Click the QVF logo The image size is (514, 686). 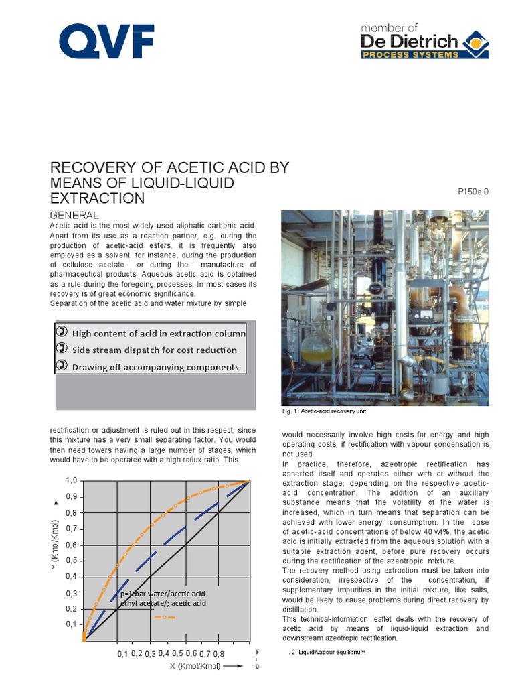[x=106, y=42]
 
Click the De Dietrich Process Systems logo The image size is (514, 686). [x=414, y=42]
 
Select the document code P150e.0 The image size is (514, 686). [x=473, y=192]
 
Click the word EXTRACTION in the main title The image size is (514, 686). [x=98, y=198]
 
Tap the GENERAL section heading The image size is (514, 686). [x=74, y=215]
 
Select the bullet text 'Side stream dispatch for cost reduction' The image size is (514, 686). [x=155, y=350]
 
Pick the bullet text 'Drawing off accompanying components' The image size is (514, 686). [x=155, y=367]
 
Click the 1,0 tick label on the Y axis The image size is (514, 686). [x=71, y=481]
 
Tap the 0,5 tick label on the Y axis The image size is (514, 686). [x=71, y=560]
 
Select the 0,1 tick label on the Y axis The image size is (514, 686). [x=71, y=624]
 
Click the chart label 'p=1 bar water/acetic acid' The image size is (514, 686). [x=163, y=594]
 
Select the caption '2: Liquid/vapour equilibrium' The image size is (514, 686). [x=327, y=652]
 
